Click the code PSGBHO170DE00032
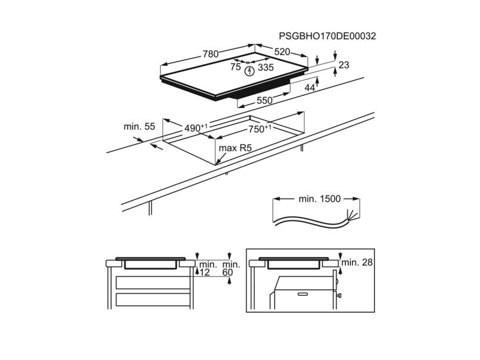coord(327,36)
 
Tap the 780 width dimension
coord(211,54)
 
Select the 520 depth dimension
coord(282,52)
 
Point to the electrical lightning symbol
coord(250,71)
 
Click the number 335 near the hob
coord(266,67)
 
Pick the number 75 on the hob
coord(236,67)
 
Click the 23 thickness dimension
coord(344,65)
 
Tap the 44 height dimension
coord(310,88)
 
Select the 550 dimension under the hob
coord(265,100)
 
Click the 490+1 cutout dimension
coord(196,128)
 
